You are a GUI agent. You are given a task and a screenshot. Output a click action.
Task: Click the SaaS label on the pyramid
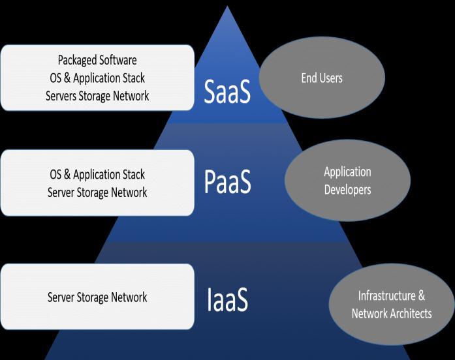[x=227, y=91]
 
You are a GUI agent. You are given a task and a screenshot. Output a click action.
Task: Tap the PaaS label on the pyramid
[x=227, y=181]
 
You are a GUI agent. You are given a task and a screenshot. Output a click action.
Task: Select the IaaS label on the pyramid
[x=227, y=299]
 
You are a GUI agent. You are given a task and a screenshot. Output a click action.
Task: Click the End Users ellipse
[x=322, y=78]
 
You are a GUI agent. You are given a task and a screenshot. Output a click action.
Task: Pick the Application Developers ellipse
[x=348, y=180]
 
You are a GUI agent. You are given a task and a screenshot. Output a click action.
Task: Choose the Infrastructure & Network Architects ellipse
[x=392, y=305]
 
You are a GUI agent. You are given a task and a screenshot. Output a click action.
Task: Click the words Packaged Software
[x=97, y=60]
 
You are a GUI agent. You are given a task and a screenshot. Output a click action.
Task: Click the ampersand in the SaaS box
[x=67, y=78]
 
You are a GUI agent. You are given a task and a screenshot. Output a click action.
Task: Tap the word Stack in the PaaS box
[x=134, y=175]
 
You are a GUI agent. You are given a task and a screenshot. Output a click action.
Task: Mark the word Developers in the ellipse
[x=348, y=190]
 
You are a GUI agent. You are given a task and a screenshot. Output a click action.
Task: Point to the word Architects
[x=411, y=314]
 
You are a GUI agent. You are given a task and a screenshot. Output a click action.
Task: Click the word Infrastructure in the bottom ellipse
[x=387, y=295]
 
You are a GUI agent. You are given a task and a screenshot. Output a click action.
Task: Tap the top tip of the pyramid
[x=227, y=6]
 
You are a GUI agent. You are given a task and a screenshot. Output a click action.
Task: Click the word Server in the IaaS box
[x=61, y=297]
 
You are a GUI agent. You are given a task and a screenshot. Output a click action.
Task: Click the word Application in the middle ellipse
[x=348, y=172]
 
